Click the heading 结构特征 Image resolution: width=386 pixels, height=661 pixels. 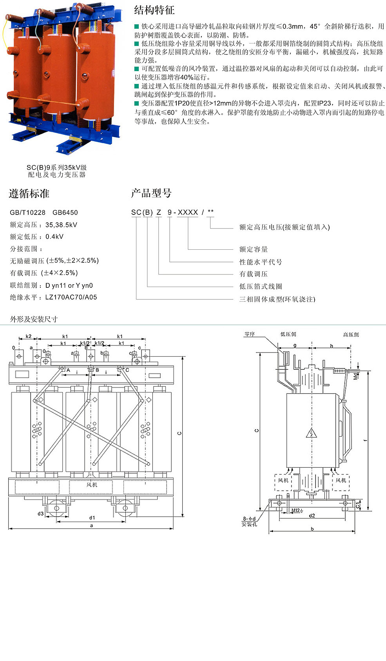154,10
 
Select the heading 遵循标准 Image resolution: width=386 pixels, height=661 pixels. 29,194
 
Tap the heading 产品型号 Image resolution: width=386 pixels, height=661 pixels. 151,193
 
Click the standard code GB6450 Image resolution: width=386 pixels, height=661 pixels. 65,212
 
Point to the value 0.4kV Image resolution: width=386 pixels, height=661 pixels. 54,237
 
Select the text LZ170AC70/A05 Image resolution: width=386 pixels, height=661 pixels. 71,297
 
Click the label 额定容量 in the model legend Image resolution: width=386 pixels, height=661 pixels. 254,249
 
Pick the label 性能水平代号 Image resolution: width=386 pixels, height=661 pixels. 261,262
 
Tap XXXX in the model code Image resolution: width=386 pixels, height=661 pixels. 188,212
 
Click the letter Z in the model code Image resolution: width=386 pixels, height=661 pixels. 159,212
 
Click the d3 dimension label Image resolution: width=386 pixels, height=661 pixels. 40,514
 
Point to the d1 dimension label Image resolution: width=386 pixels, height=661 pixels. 92,518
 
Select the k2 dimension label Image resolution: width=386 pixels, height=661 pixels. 29,336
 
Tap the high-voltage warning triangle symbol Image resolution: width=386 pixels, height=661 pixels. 311,433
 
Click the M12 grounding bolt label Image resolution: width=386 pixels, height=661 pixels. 295,510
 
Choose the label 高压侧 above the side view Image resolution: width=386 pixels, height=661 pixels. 351,334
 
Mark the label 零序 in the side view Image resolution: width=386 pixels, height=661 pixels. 250,334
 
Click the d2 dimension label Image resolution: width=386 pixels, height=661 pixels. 312,516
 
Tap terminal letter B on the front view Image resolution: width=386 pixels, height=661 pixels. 97,370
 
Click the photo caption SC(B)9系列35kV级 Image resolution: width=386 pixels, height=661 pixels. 56,168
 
